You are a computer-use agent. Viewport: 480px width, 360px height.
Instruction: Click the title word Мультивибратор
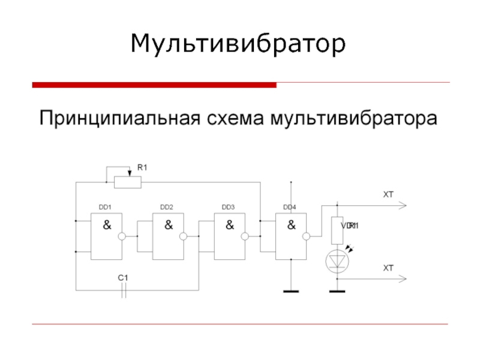coord(239,44)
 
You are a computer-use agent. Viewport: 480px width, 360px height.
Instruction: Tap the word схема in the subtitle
coord(236,118)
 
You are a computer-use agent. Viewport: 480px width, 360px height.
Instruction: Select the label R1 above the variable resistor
coord(142,168)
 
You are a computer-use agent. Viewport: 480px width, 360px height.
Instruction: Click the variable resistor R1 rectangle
coord(128,181)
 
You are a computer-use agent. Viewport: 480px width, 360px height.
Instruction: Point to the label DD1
coord(105,207)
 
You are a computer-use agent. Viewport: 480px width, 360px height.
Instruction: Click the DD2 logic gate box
coord(168,237)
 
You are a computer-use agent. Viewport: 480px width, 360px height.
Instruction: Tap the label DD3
coord(228,207)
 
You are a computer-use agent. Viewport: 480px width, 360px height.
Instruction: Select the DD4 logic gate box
coord(290,237)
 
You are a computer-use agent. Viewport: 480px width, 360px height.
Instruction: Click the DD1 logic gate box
coord(107,237)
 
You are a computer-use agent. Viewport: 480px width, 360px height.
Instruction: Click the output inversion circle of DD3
coord(245,237)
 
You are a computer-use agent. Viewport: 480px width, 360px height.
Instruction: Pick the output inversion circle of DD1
coord(122,237)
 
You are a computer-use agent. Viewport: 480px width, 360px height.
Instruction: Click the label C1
coord(123,278)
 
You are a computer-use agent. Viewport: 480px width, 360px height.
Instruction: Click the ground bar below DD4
coord(291,292)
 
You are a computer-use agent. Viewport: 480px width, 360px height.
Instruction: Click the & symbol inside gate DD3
coord(229,226)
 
